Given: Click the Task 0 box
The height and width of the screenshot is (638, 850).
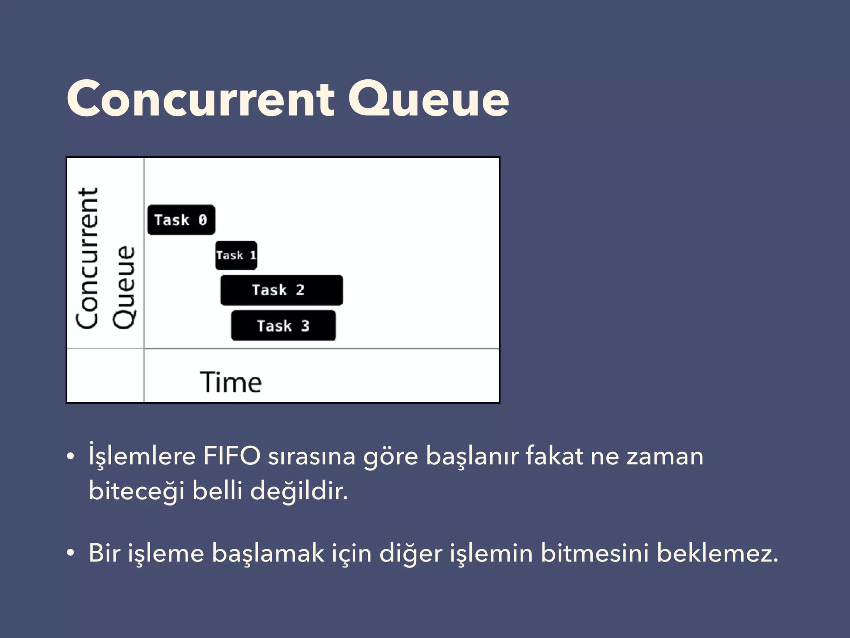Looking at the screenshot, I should [x=181, y=220].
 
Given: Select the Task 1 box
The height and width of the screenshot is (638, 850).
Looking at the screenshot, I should [x=236, y=255].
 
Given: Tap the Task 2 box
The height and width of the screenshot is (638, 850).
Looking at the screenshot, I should [x=281, y=290].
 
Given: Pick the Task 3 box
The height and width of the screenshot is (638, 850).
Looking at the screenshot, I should [x=283, y=326].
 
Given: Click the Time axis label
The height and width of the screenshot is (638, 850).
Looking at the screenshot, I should [x=231, y=382].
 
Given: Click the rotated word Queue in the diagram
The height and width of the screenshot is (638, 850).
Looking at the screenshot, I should [x=124, y=287].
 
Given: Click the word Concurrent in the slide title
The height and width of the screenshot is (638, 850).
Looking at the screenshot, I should [x=200, y=99].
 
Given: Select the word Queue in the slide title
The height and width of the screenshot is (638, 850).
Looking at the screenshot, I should [x=428, y=100].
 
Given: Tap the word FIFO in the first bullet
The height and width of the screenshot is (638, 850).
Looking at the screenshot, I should [x=232, y=456].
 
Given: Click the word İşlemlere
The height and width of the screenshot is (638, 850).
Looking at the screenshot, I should [x=142, y=456].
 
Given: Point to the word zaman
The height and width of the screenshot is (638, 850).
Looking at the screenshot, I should [x=665, y=456].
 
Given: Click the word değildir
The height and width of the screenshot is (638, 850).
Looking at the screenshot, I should [x=299, y=491].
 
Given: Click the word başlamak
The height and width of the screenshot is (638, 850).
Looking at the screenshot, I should [x=268, y=554].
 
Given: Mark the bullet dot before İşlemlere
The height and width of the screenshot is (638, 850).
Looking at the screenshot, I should [x=71, y=456].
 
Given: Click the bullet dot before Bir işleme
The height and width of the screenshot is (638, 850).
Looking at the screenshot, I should [x=71, y=553].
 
